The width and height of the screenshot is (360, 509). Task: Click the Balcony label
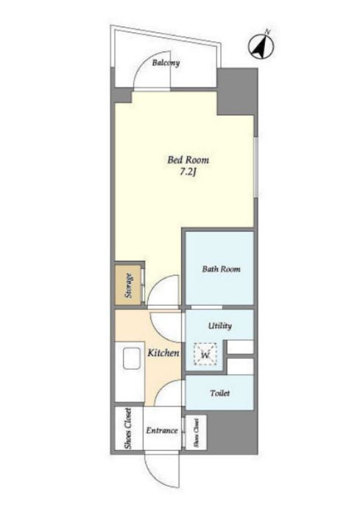pyautogui.click(x=166, y=63)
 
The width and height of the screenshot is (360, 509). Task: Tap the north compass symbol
pyautogui.click(x=261, y=46)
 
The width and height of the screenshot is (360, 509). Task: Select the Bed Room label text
pyautogui.click(x=188, y=160)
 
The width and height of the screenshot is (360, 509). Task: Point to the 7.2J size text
pyautogui.click(x=188, y=172)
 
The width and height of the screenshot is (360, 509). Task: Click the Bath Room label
pyautogui.click(x=221, y=269)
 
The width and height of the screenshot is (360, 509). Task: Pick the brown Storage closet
pyautogui.click(x=128, y=285)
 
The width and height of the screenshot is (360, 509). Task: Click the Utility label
pyautogui.click(x=220, y=326)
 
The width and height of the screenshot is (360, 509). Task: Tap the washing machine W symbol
pyautogui.click(x=205, y=354)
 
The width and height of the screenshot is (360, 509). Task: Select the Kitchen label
pyautogui.click(x=163, y=353)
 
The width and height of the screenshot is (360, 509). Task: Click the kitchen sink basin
pyautogui.click(x=132, y=359)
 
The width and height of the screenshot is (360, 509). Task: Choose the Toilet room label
pyautogui.click(x=220, y=393)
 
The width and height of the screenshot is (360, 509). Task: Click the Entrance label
pyautogui.click(x=162, y=431)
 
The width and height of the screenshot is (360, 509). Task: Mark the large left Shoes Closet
pyautogui.click(x=129, y=429)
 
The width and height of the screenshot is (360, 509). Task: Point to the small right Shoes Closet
pyautogui.click(x=196, y=432)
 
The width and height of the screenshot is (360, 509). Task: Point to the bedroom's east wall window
pyautogui.click(x=256, y=167)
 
